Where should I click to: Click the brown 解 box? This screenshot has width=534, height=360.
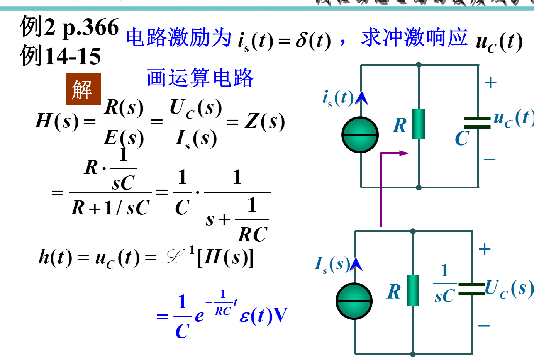tap(83, 89)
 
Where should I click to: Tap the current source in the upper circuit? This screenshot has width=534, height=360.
tap(360, 135)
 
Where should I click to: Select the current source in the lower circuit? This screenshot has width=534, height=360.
tap(354, 301)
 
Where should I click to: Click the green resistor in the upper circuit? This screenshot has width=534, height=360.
tap(419, 124)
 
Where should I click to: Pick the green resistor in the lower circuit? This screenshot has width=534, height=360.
tap(413, 290)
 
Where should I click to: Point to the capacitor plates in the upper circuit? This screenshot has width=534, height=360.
tap(477, 122)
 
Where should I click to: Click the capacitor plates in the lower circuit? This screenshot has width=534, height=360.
tap(471, 289)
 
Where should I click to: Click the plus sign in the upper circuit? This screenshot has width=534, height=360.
tap(490, 83)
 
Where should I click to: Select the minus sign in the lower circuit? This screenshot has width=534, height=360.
tap(484, 326)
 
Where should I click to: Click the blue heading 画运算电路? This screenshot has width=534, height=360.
tap(200, 78)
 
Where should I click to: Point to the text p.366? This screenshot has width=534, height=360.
tap(91, 28)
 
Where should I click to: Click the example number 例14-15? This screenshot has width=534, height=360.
tap(61, 56)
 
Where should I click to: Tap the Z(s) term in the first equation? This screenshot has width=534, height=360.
tap(265, 122)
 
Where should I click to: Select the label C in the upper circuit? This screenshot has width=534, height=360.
tap(462, 138)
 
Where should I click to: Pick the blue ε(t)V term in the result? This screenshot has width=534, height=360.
tap(263, 316)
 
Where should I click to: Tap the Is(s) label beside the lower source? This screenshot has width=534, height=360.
tap(332, 265)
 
